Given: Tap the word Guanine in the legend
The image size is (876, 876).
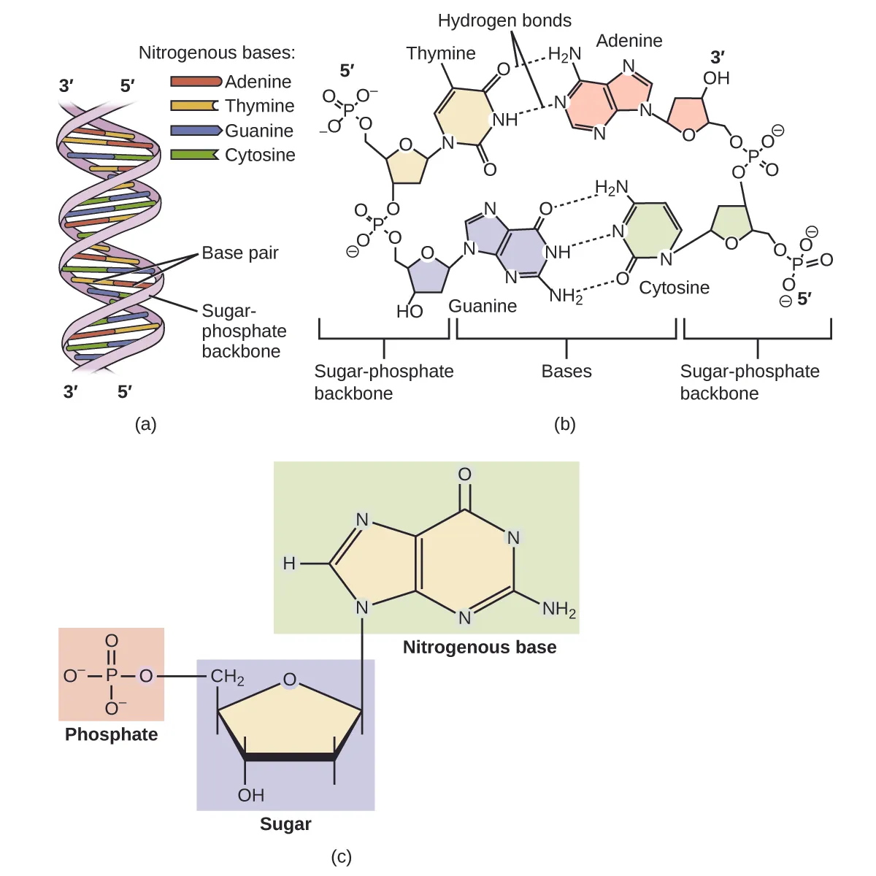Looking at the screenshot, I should click(x=259, y=131).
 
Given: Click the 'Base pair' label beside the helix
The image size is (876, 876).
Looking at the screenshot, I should click(x=240, y=253).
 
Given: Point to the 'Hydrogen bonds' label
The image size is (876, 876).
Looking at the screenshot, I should click(x=504, y=20).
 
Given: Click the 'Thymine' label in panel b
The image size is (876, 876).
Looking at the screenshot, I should click(x=441, y=53).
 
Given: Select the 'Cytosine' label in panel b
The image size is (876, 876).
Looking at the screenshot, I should click(x=674, y=288).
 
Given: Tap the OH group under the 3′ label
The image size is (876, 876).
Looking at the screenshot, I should click(x=716, y=78).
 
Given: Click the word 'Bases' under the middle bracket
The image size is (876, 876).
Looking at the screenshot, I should click(x=566, y=372).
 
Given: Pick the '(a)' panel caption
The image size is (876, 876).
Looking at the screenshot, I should click(x=146, y=424).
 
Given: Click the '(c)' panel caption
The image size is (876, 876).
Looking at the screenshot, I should click(x=341, y=856).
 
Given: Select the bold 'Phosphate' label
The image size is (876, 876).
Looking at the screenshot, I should click(x=111, y=734).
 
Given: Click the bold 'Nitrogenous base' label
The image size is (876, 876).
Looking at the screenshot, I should click(x=480, y=648).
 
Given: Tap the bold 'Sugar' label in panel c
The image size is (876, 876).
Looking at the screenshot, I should click(x=285, y=824).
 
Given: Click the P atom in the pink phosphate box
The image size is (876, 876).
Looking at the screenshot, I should click(x=111, y=676).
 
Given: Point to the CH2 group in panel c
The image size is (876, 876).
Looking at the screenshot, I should click(x=227, y=677).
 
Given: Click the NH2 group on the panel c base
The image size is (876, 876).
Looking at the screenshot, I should click(x=558, y=609).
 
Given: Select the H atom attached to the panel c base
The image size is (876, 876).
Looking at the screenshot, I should click(x=289, y=564).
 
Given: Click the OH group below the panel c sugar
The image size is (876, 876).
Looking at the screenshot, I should click(x=250, y=795).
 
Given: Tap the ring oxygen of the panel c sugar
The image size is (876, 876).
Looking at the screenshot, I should click(x=290, y=680).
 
